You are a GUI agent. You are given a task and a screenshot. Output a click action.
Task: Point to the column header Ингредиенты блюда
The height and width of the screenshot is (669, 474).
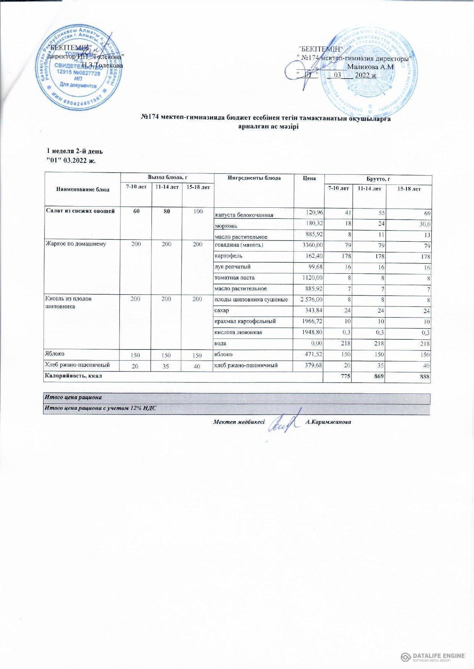tap(254, 178)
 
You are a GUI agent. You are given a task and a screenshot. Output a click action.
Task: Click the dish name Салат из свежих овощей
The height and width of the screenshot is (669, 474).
tap(81, 211)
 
